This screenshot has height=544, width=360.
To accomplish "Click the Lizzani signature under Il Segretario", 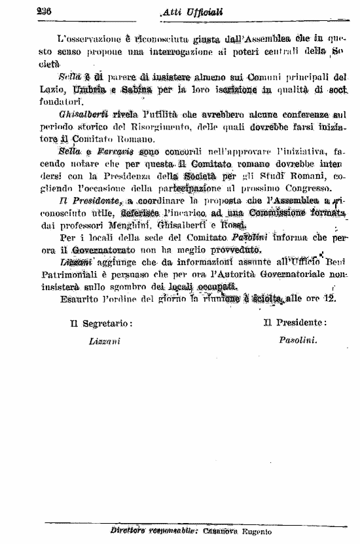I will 102,340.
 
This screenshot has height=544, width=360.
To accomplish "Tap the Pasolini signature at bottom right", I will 298,340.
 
